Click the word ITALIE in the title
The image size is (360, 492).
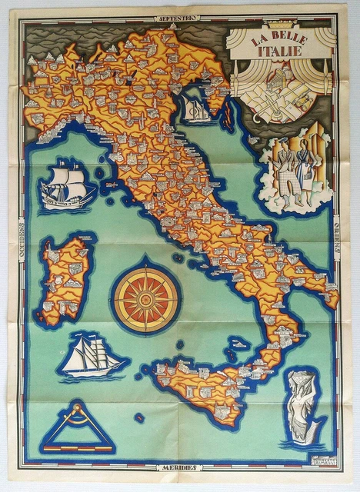pyautogui.click(x=278, y=52)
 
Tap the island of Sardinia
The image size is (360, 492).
pyautogui.click(x=66, y=277)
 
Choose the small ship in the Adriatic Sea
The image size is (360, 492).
pyautogui.click(x=198, y=110)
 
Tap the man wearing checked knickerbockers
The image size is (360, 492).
pyautogui.click(x=285, y=175)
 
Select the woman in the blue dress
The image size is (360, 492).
pyautogui.click(x=306, y=171)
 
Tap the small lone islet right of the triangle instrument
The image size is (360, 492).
pyautogui.click(x=139, y=418)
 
